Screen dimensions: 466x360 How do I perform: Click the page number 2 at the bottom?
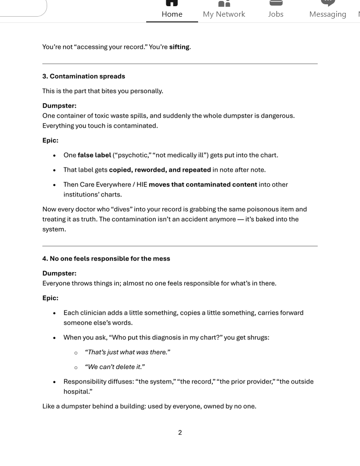tap(180, 432)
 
